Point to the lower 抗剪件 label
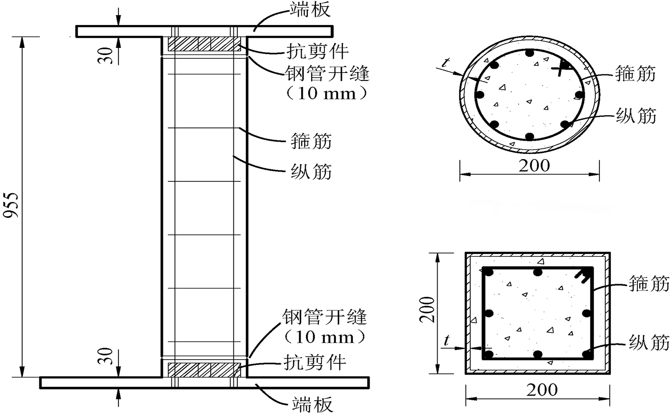tap(315, 362)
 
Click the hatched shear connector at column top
tap(204, 44)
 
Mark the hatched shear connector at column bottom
tap(204, 369)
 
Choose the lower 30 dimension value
tap(108, 359)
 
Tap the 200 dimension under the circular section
tap(534, 166)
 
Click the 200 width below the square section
tap(542, 390)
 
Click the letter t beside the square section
tap(446, 340)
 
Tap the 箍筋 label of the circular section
tap(636, 74)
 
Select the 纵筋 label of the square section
tap(649, 342)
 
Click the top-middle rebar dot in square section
tap(537, 272)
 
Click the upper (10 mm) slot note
tap(327, 93)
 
